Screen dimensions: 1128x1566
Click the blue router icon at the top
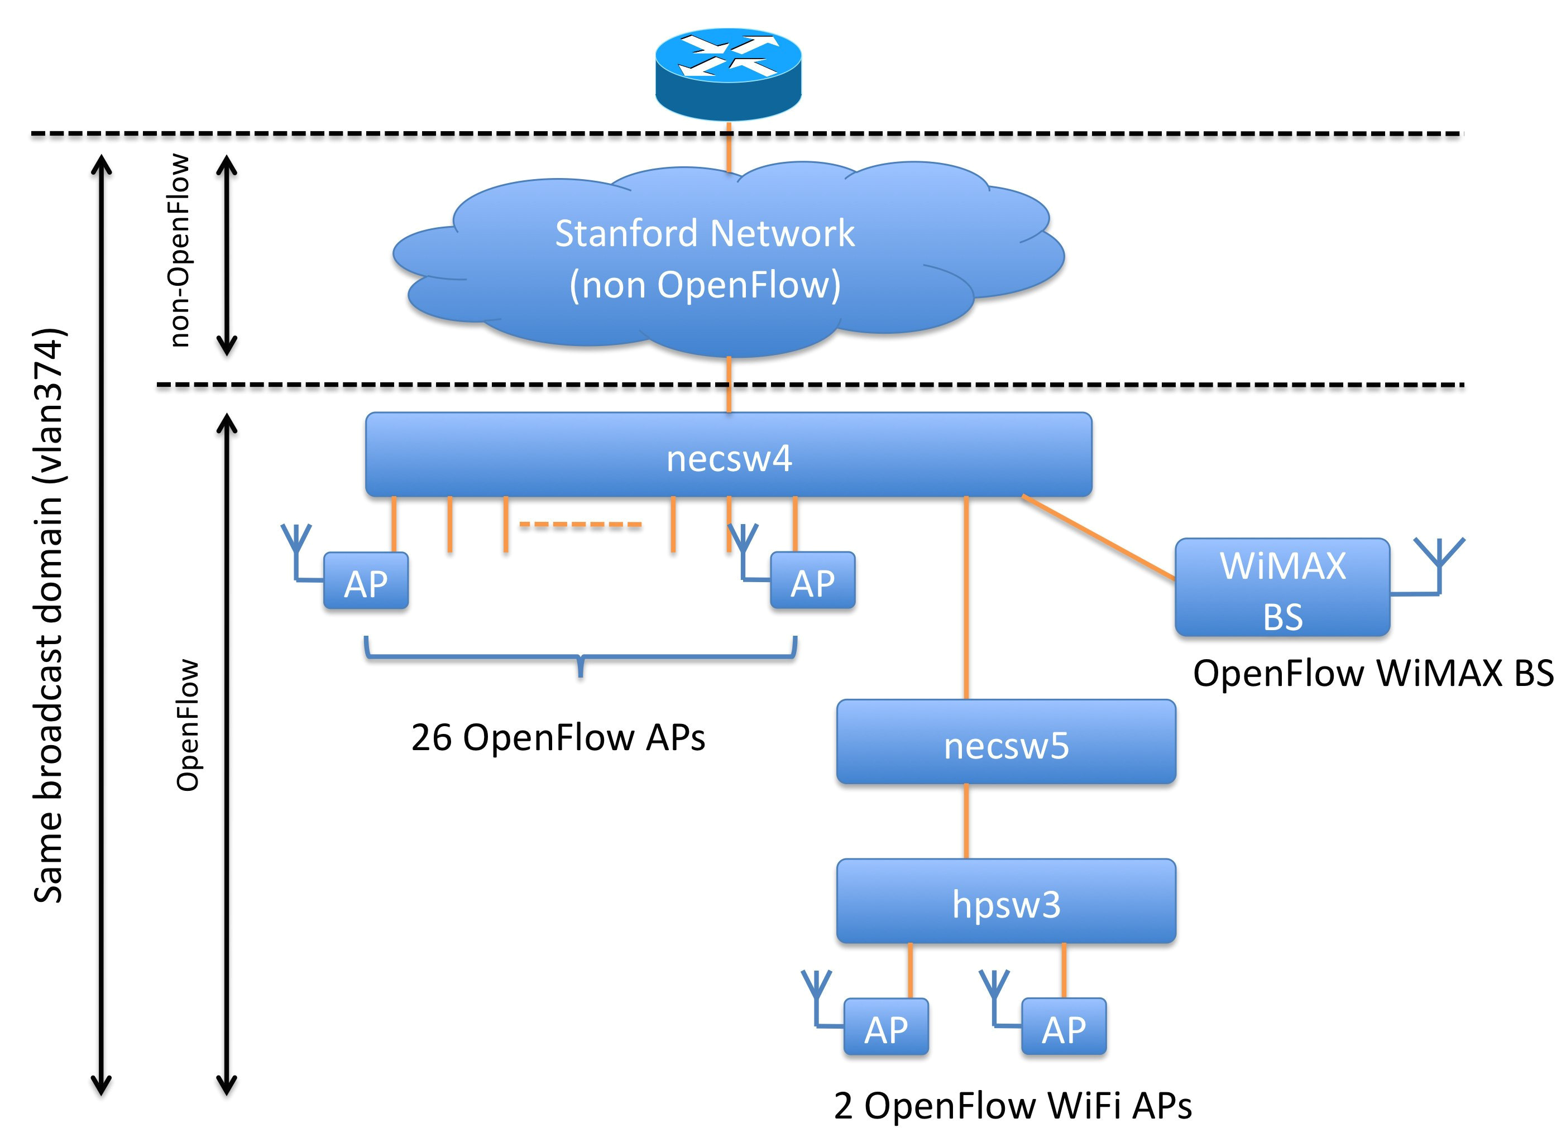(x=728, y=73)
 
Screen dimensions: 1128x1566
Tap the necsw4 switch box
(x=729, y=455)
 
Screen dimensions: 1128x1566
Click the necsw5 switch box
(x=1006, y=743)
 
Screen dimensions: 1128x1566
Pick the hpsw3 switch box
(x=1006, y=901)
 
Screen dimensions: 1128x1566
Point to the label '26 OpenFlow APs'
(x=558, y=737)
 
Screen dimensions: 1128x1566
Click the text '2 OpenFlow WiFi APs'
(x=1012, y=1105)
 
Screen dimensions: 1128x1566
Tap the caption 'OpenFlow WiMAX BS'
(x=1373, y=673)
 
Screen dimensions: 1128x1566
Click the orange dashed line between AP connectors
(x=580, y=525)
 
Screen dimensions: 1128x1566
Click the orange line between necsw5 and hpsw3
(x=965, y=822)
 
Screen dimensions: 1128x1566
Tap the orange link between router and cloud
(x=729, y=148)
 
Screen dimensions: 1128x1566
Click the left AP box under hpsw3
(x=886, y=1027)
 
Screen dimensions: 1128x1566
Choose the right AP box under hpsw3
(x=1064, y=1027)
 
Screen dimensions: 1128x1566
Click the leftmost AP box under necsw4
(x=366, y=581)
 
